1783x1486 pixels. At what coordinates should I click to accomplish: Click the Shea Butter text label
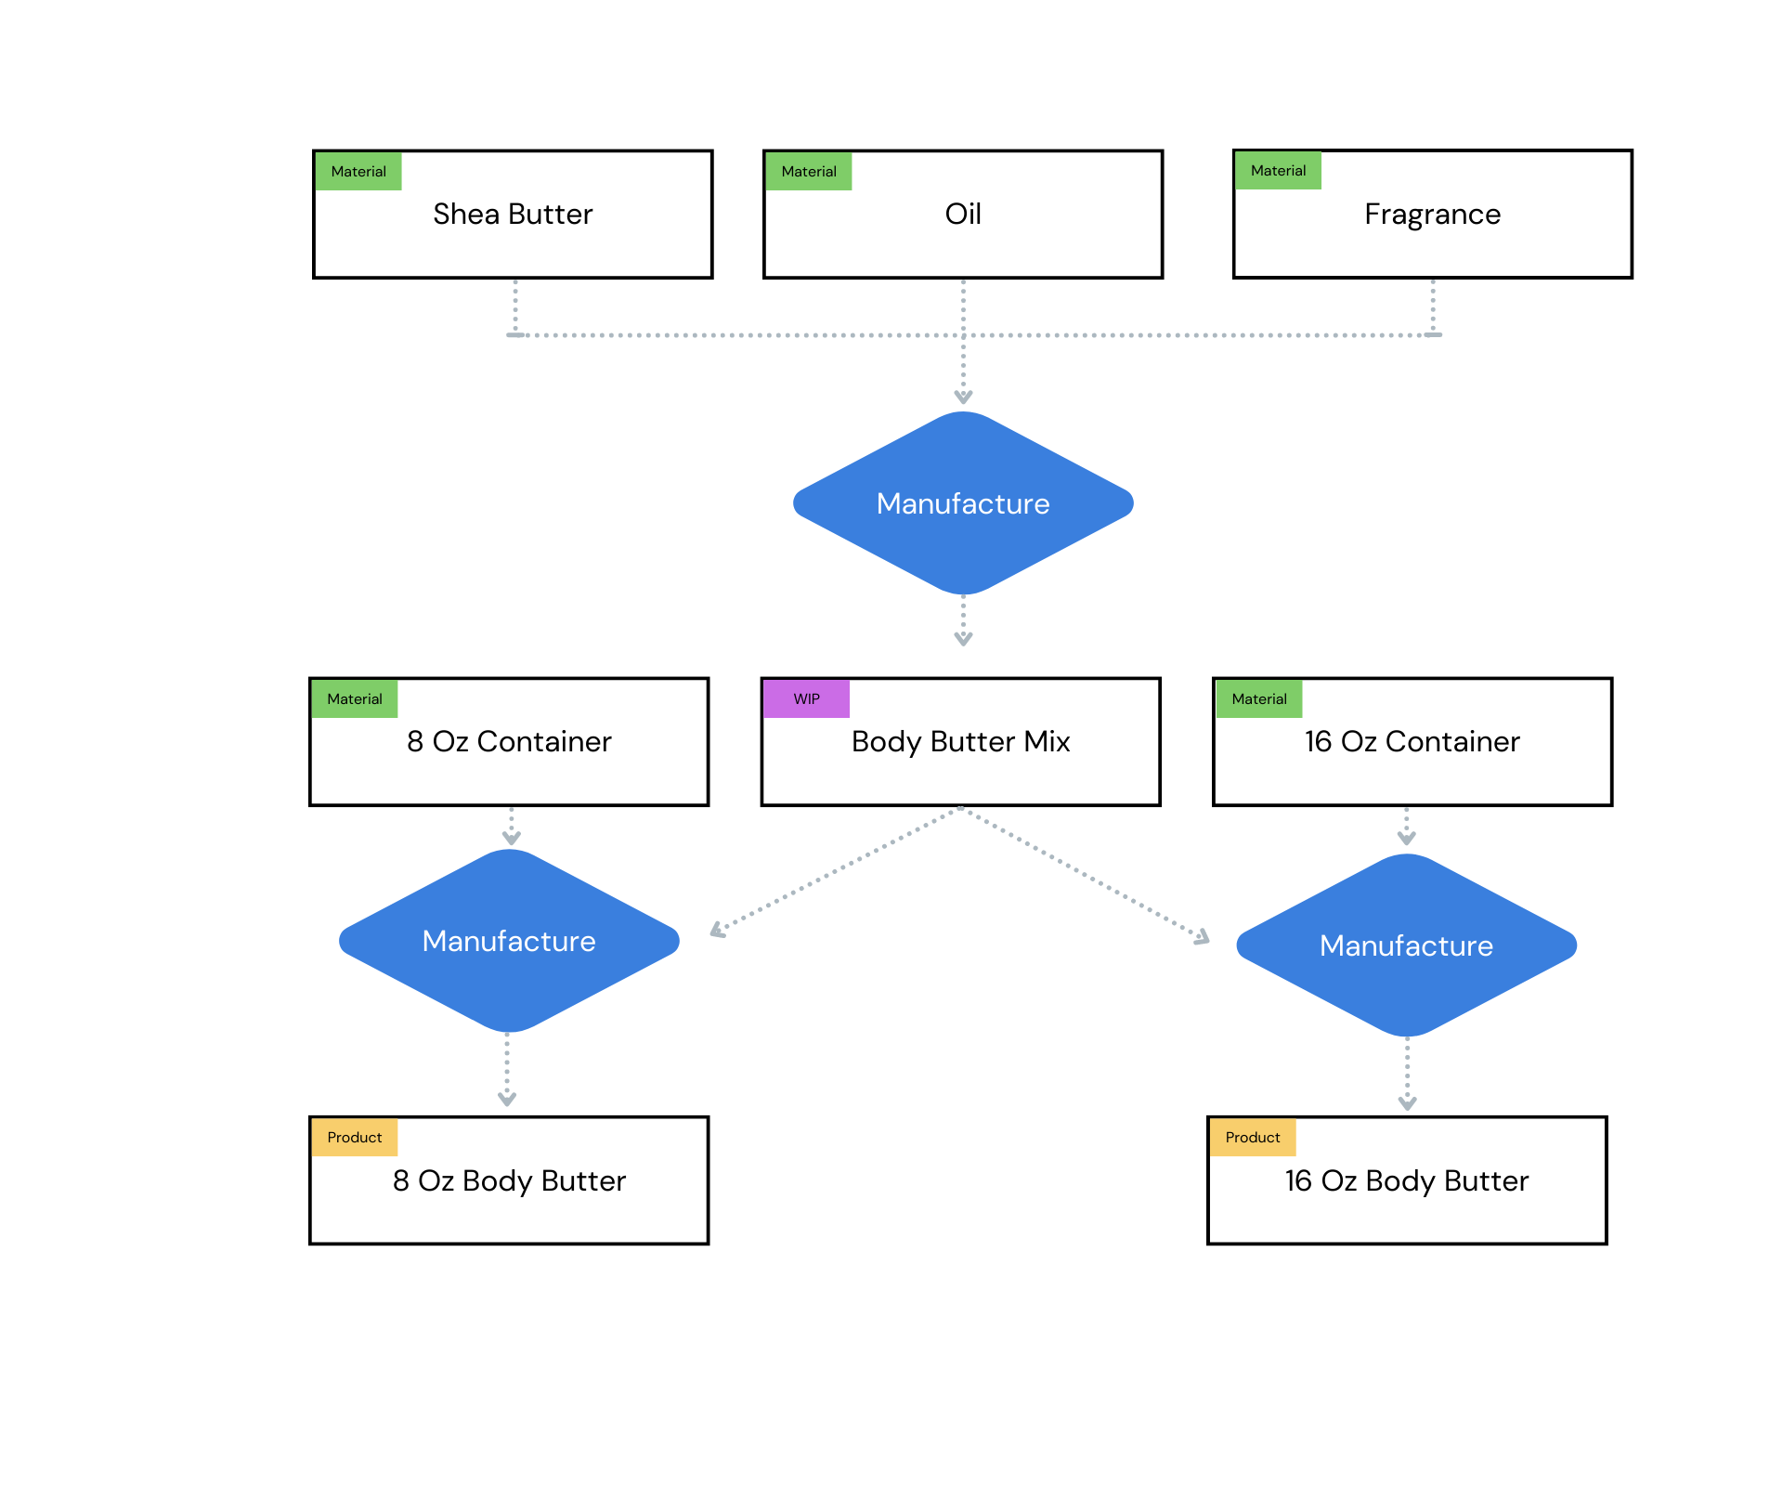click(x=513, y=215)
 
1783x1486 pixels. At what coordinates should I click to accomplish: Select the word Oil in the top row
click(x=963, y=215)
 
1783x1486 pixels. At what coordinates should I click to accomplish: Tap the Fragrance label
click(x=1432, y=215)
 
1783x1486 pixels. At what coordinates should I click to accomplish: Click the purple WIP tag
click(x=806, y=698)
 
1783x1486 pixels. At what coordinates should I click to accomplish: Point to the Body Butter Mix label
click(x=960, y=742)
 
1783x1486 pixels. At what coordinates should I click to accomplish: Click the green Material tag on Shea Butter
click(x=358, y=172)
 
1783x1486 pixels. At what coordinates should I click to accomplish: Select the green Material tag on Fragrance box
click(x=1278, y=171)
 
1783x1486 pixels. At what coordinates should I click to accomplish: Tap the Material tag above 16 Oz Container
click(x=1258, y=698)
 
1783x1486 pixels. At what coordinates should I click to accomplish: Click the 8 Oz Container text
click(x=509, y=742)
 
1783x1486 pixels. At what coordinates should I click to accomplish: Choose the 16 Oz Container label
click(x=1412, y=742)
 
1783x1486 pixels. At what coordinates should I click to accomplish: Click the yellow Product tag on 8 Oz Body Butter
click(x=354, y=1137)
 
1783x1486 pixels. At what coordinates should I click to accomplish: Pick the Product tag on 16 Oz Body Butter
click(x=1252, y=1137)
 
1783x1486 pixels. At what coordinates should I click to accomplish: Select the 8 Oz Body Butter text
click(x=509, y=1181)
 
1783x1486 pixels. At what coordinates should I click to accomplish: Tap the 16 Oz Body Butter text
click(x=1406, y=1181)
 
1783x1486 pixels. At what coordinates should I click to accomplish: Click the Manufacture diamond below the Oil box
click(x=963, y=503)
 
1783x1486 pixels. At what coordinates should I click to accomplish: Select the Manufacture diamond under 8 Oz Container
click(x=509, y=941)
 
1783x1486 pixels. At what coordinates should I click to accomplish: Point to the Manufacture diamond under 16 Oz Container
click(x=1406, y=945)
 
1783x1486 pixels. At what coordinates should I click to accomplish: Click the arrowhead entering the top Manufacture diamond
click(x=963, y=398)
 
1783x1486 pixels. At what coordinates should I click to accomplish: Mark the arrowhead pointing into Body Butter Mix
click(x=963, y=639)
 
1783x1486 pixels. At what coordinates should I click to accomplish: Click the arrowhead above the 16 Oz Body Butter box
click(x=1407, y=1103)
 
